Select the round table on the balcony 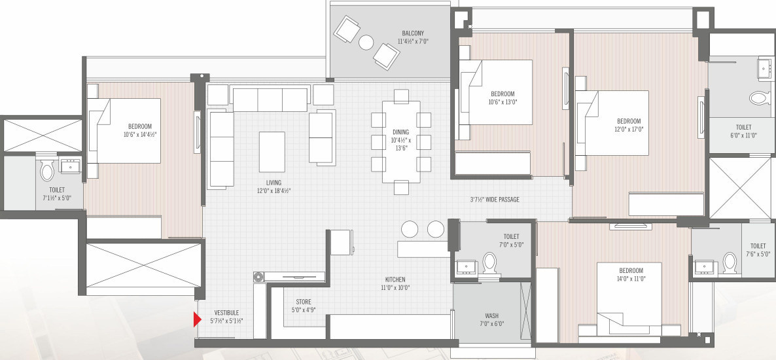[x=366, y=43]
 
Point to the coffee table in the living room [x=272, y=151]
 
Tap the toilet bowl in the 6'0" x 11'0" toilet [x=759, y=98]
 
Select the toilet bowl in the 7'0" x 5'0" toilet [x=490, y=262]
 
